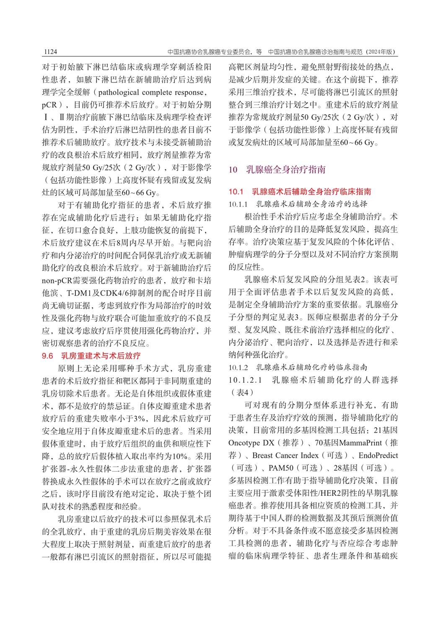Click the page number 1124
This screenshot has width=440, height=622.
click(x=50, y=52)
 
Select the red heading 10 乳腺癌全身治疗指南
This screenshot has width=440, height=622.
click(x=277, y=170)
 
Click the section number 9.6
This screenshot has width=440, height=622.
click(x=47, y=356)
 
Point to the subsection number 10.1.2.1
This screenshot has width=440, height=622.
click(x=245, y=380)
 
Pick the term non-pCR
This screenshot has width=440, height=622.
click(x=57, y=281)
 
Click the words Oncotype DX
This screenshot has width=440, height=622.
click(x=251, y=443)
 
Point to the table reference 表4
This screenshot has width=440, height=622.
click(x=243, y=393)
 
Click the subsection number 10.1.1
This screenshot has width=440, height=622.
click(x=238, y=204)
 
